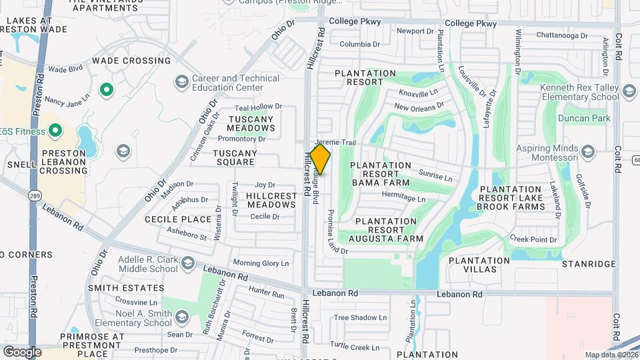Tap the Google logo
coord(22,351)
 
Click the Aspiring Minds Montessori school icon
coord(587,153)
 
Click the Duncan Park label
coord(585,119)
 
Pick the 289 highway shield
coord(34,195)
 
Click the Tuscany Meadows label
coord(251,123)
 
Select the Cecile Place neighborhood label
coord(178,219)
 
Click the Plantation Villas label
coord(473,265)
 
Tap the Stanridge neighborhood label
coord(589,265)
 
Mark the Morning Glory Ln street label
coord(261,263)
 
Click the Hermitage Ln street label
coord(403,199)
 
